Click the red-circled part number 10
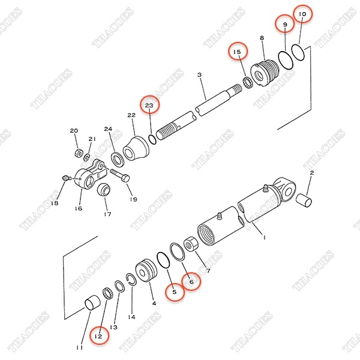click(x=302, y=14)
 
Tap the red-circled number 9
click(x=285, y=24)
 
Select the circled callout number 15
click(x=237, y=52)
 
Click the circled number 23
click(x=149, y=105)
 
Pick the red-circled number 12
click(x=98, y=336)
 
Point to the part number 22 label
click(x=131, y=115)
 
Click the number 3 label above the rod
click(x=200, y=74)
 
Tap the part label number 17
click(x=107, y=214)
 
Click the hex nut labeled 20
click(x=79, y=152)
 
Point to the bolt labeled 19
click(x=120, y=176)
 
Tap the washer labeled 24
click(x=118, y=159)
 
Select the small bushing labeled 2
click(x=304, y=200)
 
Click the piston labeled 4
click(x=146, y=270)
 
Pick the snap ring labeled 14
click(x=131, y=280)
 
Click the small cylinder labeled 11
click(x=92, y=303)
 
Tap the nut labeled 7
click(x=191, y=244)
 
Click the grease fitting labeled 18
click(x=65, y=178)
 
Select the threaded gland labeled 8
click(x=264, y=73)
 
